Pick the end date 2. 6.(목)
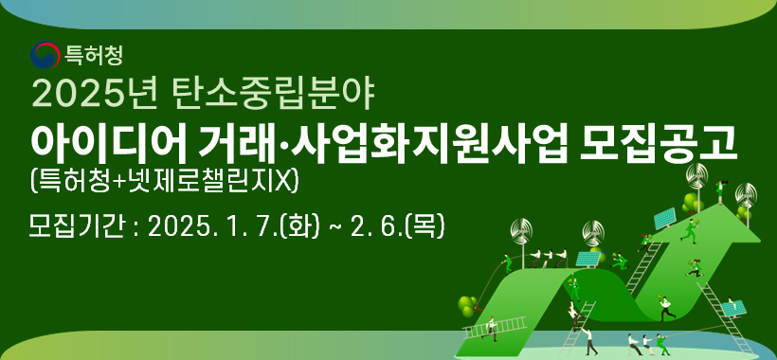[x=402, y=226]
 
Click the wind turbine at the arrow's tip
[x=698, y=176]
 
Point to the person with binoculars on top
[x=721, y=188]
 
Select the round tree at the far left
[x=466, y=304]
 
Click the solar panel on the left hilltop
[x=587, y=257]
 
